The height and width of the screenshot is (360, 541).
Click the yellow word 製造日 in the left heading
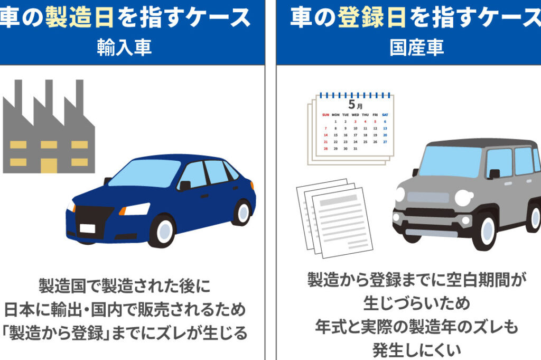(x=79, y=17)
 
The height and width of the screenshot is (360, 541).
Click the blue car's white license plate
(x=88, y=229)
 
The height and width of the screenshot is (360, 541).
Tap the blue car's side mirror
(x=184, y=186)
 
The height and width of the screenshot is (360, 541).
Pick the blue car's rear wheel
(x=242, y=211)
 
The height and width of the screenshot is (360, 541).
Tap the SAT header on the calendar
(x=385, y=115)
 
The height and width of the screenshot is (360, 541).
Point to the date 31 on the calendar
(x=355, y=149)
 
